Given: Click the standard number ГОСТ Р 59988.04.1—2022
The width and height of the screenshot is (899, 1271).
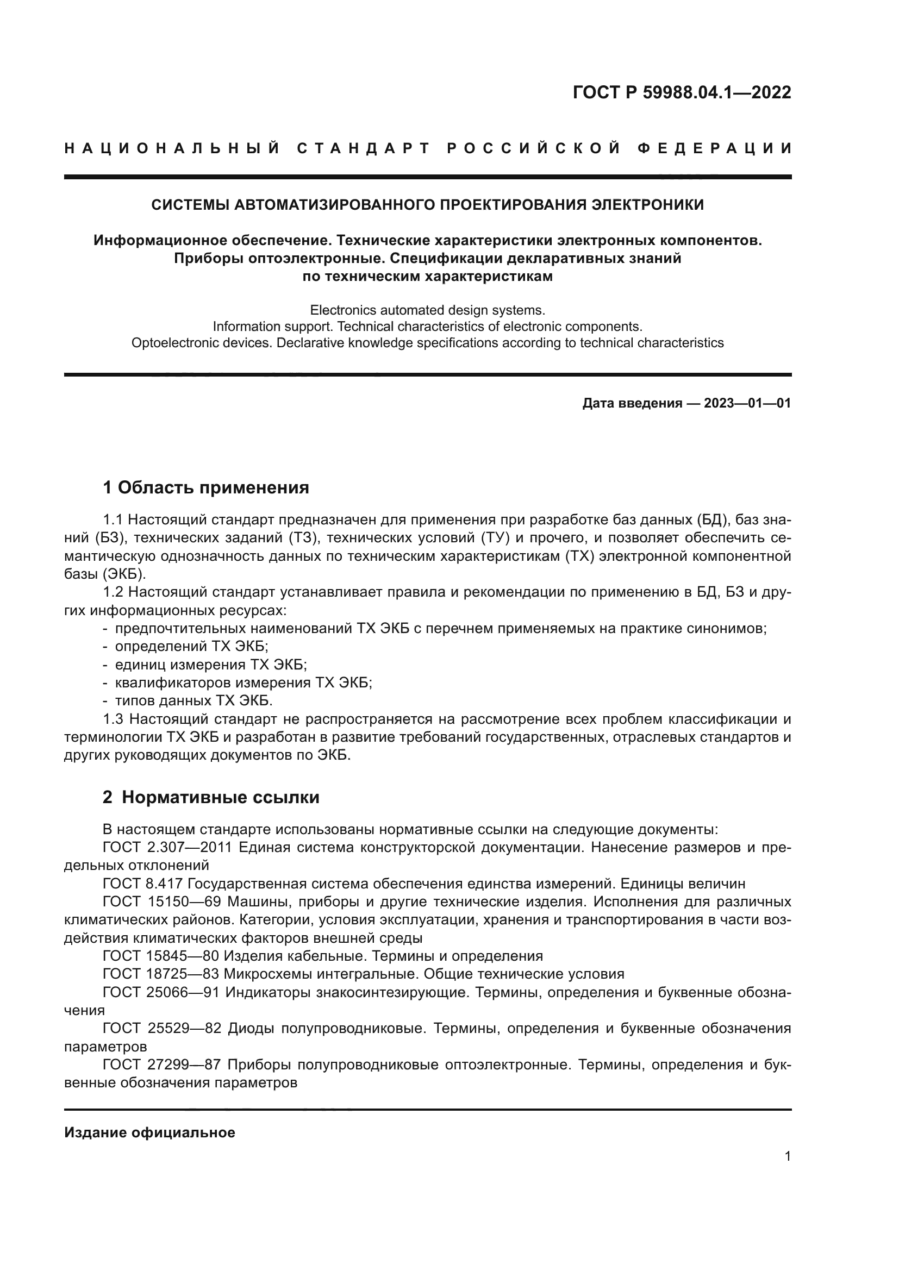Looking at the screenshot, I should point(682,92).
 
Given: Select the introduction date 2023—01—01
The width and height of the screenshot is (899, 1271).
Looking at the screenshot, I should point(747,403).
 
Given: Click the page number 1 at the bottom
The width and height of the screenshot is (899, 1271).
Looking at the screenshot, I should point(788,1156).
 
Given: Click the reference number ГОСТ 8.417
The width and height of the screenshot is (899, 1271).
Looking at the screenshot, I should point(143,884).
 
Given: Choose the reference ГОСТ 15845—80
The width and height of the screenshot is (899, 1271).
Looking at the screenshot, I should point(161,956).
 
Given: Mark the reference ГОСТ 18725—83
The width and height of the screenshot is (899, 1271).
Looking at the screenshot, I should point(161,974).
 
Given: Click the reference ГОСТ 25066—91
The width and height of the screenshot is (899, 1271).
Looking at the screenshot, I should point(161,993).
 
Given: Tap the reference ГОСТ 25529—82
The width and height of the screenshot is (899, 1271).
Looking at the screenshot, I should point(162,1029).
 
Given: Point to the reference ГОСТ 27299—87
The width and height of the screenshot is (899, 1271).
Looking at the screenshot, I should point(162,1065).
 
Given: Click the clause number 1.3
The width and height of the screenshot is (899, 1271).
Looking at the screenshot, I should point(114,719).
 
